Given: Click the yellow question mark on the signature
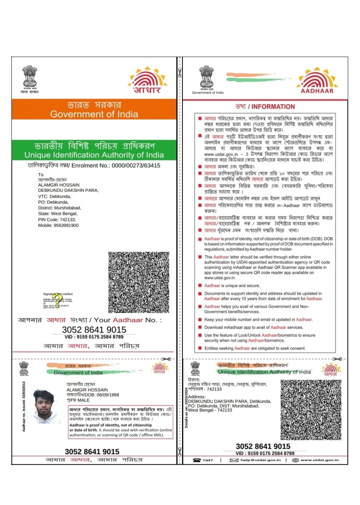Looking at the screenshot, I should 57,300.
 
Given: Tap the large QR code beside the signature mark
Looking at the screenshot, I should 139,282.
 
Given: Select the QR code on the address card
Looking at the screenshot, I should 311,410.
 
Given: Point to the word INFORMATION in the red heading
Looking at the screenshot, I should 273,107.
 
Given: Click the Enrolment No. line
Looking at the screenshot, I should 94,166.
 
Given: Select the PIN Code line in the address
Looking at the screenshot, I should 57,220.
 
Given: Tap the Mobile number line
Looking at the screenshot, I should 58,225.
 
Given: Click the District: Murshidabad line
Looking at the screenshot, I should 59,208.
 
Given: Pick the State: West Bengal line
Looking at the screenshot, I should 58,214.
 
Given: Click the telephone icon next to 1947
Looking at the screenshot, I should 197,460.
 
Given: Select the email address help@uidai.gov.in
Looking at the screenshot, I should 261,460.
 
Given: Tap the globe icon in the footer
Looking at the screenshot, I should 295,460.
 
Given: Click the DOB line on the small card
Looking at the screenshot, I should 93,395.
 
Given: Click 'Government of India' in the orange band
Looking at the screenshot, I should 94,114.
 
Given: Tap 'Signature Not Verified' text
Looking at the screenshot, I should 58,294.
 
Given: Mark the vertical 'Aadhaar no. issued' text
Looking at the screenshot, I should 24,407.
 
